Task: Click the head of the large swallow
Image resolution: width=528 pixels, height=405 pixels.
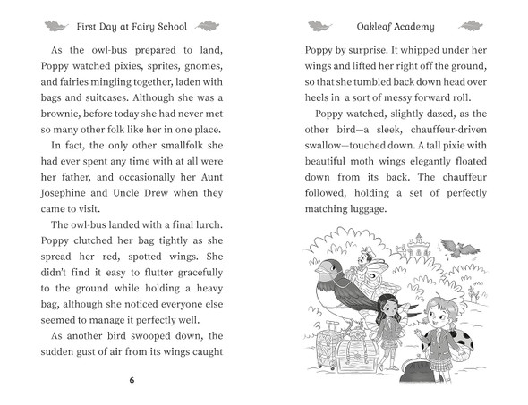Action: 326,272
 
